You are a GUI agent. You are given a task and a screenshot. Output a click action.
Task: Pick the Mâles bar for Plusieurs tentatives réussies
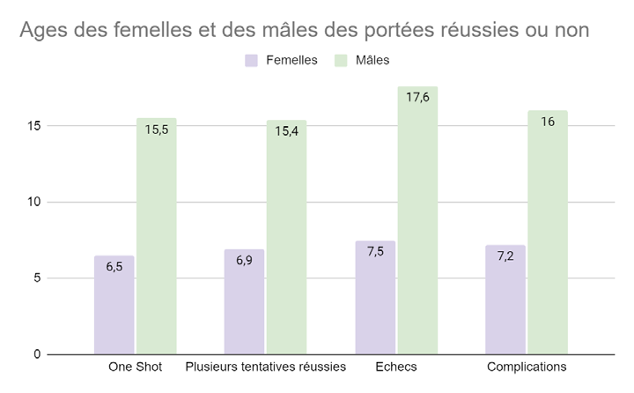[x=286, y=237]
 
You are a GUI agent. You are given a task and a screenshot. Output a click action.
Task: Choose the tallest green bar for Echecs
[x=417, y=220]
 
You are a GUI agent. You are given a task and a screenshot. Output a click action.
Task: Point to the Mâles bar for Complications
[x=548, y=233]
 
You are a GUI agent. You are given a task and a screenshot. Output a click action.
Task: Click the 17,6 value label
[x=417, y=98]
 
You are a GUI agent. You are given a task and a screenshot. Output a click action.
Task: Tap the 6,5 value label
[x=114, y=265]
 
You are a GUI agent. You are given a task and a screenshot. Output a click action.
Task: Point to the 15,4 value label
[x=286, y=130]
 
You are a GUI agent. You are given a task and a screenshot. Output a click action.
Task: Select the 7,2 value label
[x=505, y=256]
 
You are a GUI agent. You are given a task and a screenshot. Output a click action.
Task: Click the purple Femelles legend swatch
[x=252, y=60]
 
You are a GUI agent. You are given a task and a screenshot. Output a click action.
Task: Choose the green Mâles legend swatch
[x=342, y=60]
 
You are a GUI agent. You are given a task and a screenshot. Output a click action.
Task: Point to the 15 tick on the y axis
[x=33, y=125]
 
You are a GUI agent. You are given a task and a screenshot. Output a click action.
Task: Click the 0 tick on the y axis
[x=37, y=354]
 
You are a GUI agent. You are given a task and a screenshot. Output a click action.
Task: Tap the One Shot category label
[x=135, y=367]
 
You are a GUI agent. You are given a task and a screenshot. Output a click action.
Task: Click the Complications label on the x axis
[x=527, y=367]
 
